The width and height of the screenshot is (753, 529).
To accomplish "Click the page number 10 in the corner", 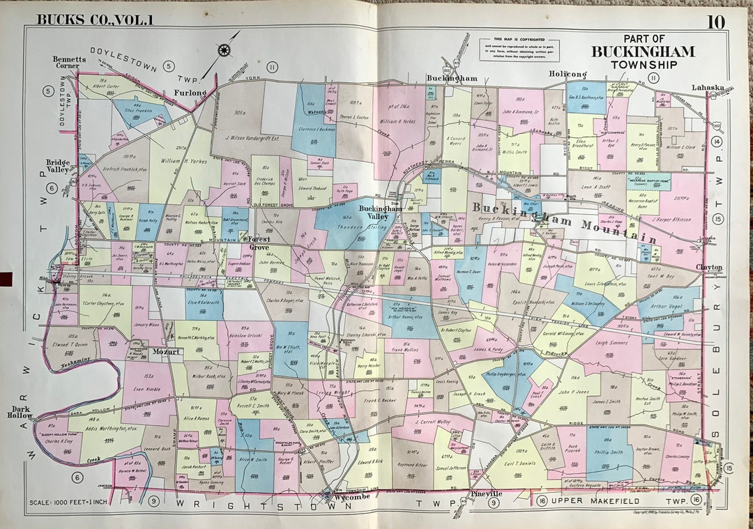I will tap(715, 22).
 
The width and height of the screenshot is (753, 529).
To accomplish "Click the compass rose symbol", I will tap(225, 49).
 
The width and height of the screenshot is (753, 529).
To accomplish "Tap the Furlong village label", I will tap(190, 92).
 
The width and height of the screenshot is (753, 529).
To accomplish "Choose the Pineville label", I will tap(486, 494).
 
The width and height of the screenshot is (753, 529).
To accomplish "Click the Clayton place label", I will tap(709, 267).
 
